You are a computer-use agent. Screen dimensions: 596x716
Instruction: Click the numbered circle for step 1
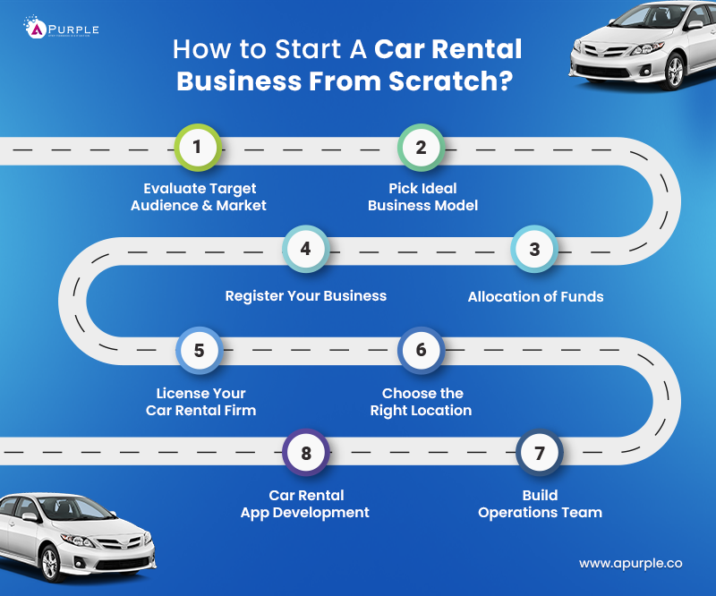coord(198,148)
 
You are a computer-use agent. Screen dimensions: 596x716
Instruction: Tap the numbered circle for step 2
coord(421,148)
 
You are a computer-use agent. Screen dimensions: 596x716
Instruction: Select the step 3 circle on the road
coord(534,249)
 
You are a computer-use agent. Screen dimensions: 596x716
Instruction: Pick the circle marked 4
coord(305,249)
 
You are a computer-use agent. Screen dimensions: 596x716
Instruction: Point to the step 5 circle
coord(199,350)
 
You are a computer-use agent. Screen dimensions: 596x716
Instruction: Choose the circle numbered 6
coord(421,350)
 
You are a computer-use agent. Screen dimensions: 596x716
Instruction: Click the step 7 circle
coord(539,453)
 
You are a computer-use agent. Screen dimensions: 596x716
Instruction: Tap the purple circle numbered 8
coord(305,453)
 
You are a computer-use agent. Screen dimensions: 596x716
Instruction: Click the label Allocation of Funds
coord(535,296)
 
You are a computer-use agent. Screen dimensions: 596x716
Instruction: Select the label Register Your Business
coord(305,295)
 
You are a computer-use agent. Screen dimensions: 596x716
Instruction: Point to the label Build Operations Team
coord(540,504)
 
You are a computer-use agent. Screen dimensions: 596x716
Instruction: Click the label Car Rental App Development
coord(305,504)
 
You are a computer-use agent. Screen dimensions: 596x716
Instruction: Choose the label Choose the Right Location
coord(421,402)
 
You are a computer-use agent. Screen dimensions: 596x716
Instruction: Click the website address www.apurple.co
coord(630,564)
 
